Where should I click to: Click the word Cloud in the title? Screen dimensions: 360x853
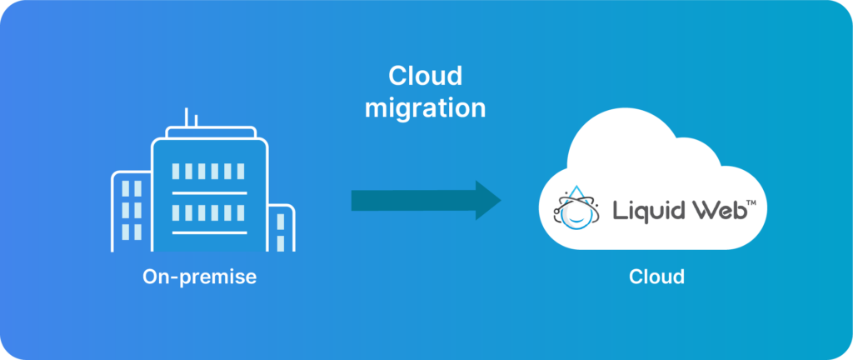425,77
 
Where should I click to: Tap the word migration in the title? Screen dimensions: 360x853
425,107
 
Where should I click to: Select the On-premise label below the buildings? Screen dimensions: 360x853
199,277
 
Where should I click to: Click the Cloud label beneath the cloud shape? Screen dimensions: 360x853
656,277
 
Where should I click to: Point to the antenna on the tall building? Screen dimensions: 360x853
187,117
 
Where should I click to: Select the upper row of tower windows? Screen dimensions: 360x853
208,172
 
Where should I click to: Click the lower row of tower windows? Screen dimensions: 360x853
208,212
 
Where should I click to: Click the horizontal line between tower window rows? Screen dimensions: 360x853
209,192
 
